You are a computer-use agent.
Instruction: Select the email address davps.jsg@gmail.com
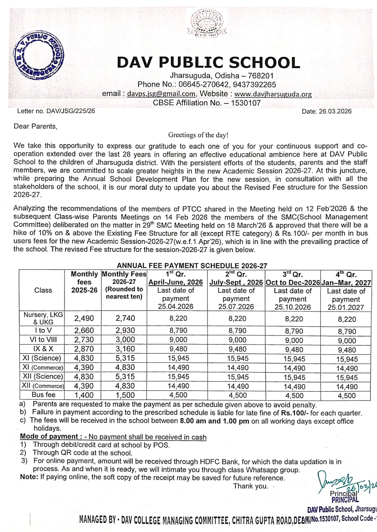pos(161,94)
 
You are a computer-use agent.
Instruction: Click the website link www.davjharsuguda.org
pos(273,94)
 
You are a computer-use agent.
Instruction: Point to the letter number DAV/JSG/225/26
pos(71,111)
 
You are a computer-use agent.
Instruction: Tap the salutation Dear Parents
pos(35,126)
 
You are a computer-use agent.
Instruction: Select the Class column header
pos(43,290)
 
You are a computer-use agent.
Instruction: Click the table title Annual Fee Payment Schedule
pos(192,266)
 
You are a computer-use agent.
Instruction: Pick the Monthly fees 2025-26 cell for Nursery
pos(84,318)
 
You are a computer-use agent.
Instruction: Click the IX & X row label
pos(43,349)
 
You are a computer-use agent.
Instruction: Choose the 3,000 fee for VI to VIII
pos(125,340)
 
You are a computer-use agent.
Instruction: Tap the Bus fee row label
pos(43,395)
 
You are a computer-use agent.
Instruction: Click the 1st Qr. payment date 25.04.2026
pos(176,307)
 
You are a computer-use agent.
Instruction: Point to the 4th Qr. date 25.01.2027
pos(346,307)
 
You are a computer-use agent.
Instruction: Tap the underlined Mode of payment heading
pos(49,437)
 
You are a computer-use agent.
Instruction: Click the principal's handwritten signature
pos(336,481)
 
